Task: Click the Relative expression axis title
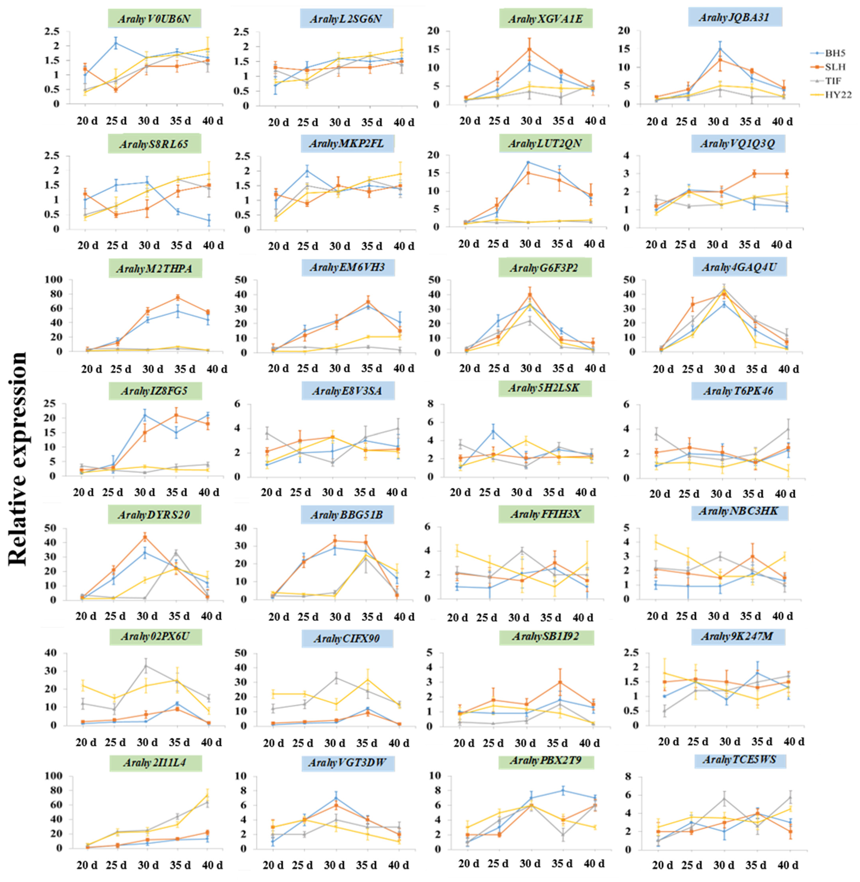coord(18,458)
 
